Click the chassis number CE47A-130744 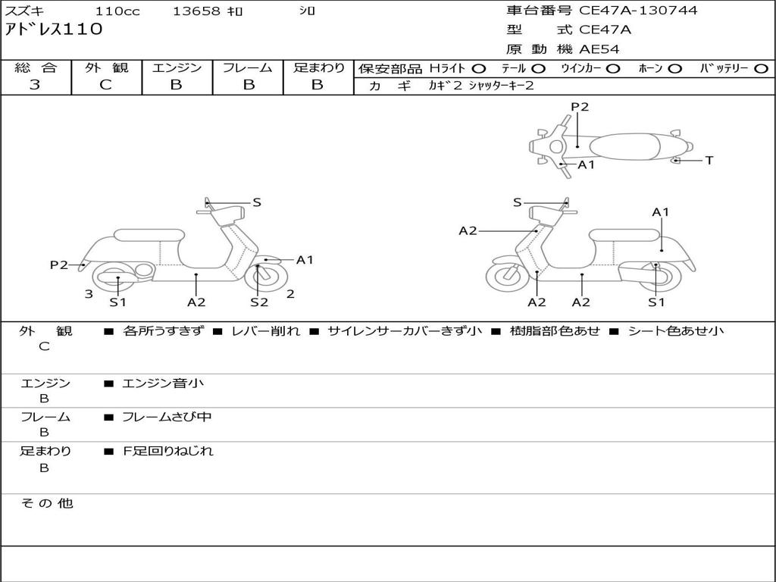638,11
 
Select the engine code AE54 599,49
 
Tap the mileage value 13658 196,11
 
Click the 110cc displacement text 117,11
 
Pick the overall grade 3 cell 35,85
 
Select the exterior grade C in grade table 105,85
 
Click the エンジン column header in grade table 177,67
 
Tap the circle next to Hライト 479,68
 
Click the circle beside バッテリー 761,68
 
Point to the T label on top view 709,161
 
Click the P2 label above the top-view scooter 580,107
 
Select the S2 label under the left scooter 259,302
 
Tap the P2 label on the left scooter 59,264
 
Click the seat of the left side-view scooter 148,235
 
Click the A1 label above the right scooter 661,212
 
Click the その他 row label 46,503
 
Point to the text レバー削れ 265,331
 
